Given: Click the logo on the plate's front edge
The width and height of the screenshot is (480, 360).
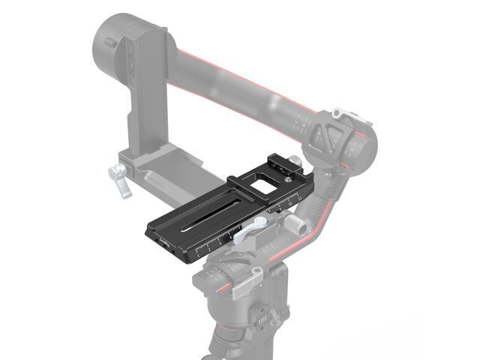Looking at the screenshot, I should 166,242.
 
